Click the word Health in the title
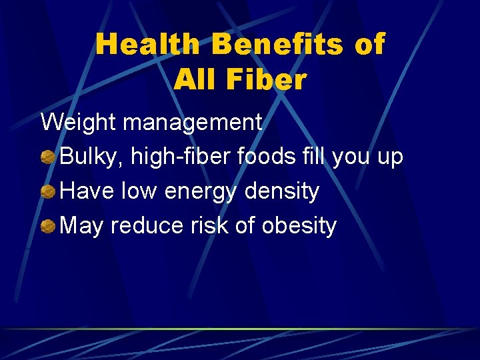[x=147, y=45]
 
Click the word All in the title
[x=191, y=80]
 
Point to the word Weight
[x=79, y=123]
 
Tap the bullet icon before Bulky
[x=48, y=158]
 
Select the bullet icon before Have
[x=48, y=193]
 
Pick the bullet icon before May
[x=48, y=227]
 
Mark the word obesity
[x=299, y=227]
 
